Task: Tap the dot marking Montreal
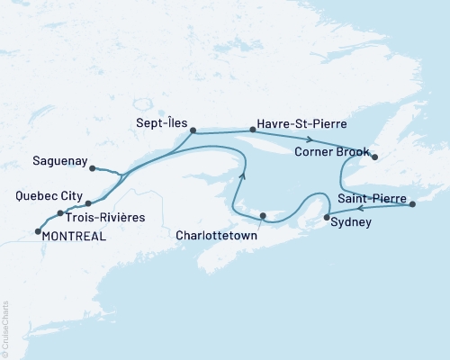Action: pos(37,232)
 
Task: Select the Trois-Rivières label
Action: pos(103,216)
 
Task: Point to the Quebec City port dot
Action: pos(88,203)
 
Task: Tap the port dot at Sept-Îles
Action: pos(193,130)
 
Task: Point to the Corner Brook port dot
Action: pos(374,157)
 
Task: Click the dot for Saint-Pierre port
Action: pos(412,205)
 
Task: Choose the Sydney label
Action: pos(351,221)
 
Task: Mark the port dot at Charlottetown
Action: pos(262,215)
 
